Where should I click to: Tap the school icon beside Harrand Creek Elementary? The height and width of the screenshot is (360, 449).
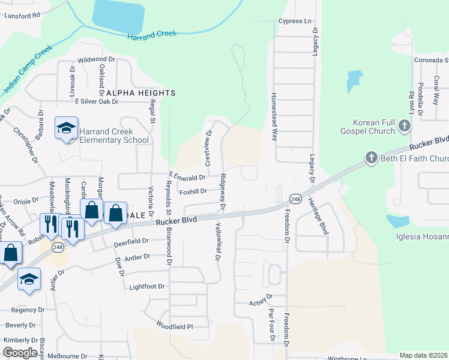point(66,128)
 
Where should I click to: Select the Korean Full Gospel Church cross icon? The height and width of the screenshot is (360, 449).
point(405,126)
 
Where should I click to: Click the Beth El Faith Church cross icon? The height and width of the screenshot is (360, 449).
point(371,158)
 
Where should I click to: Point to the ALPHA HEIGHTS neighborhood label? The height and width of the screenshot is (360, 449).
point(141,93)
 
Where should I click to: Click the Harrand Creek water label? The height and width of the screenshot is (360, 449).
point(152,35)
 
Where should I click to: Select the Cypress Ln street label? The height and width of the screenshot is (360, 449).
point(295,21)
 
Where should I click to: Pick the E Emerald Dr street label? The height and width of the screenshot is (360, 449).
point(187,176)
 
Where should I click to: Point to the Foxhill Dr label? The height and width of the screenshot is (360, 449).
point(193,191)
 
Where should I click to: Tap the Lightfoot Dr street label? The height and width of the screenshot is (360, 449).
point(147,287)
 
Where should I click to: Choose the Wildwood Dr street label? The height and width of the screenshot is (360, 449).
point(96,59)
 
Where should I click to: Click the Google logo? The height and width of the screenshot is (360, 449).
point(20,352)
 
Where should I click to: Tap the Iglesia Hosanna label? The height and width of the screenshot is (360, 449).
point(422,236)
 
